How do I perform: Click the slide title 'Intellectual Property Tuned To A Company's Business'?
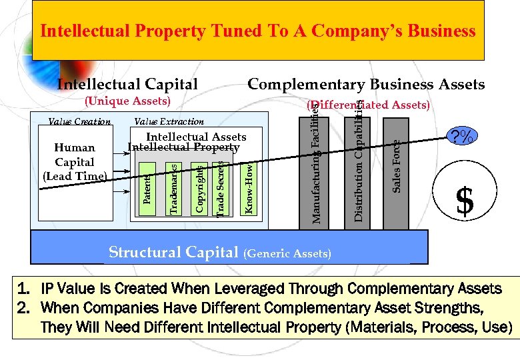coord(258,31)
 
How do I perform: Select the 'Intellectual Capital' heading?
coord(127,84)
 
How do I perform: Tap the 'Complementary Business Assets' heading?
coord(366,84)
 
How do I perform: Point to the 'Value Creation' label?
coord(79,121)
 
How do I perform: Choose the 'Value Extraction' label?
coord(169,121)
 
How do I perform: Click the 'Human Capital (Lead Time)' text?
coord(75,162)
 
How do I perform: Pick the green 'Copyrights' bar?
coord(199,189)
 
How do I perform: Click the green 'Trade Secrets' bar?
coord(221,189)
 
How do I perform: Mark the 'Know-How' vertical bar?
coord(247,189)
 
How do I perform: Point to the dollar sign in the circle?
coord(465,201)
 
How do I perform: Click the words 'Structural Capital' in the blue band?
coord(173,252)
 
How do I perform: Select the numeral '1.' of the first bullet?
coord(24,289)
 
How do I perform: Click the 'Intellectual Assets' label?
coord(196,137)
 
